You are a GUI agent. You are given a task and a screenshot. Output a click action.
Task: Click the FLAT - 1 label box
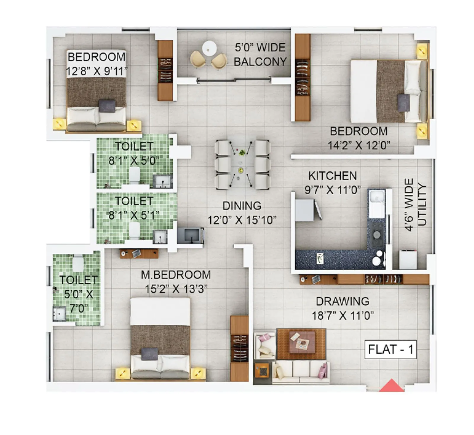coord(390,349)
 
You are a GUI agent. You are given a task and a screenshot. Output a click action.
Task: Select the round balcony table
coord(209,48)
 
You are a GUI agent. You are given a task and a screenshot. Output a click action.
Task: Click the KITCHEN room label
coord(332,176)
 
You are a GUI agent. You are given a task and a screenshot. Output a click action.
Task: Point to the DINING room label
coord(242,206)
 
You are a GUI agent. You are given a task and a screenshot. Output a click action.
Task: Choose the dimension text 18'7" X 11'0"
coord(342,315)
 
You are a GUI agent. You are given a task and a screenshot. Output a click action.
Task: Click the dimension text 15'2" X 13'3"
coord(176,289)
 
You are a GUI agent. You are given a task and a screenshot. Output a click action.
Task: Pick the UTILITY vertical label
coord(422,205)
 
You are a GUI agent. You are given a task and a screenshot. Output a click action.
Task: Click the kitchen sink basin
coord(377,196)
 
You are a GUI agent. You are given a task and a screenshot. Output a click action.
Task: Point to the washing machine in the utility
coord(408,260)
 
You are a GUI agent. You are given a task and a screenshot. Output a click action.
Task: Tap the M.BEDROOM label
coord(176,275)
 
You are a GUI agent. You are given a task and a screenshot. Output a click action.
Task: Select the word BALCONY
coord(260,62)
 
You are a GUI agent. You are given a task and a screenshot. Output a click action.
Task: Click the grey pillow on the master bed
coord(149,354)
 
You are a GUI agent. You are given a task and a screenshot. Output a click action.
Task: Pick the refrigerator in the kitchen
coord(305,210)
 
